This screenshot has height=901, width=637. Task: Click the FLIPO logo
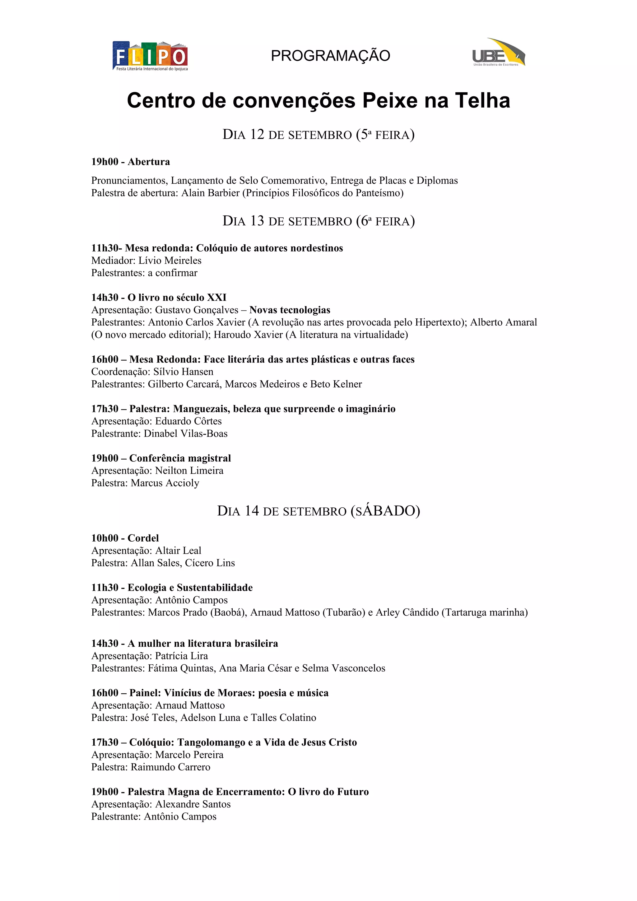pos(150,56)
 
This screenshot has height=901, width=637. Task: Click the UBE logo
pos(499,53)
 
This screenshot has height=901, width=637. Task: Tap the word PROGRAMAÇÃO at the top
pos(330,56)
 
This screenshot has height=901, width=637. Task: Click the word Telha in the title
pos(482,100)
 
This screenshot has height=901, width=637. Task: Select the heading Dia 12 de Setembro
pos(318,135)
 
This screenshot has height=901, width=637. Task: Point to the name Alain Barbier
pos(210,193)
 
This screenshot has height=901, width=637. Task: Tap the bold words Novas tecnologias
pos(290,310)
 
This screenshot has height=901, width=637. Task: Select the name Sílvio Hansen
pos(183,372)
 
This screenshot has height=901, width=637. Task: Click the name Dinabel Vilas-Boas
pos(186,434)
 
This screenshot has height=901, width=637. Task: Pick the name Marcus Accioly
pos(165,483)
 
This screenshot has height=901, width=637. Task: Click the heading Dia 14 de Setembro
pos(318,511)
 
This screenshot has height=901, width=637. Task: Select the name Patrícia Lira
pos(181,656)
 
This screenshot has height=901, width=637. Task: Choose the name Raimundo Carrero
pos(170,767)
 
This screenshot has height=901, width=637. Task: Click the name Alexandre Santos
pos(193,804)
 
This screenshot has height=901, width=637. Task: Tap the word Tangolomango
pos(211,742)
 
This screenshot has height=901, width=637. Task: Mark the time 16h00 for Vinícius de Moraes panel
pos(105,693)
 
